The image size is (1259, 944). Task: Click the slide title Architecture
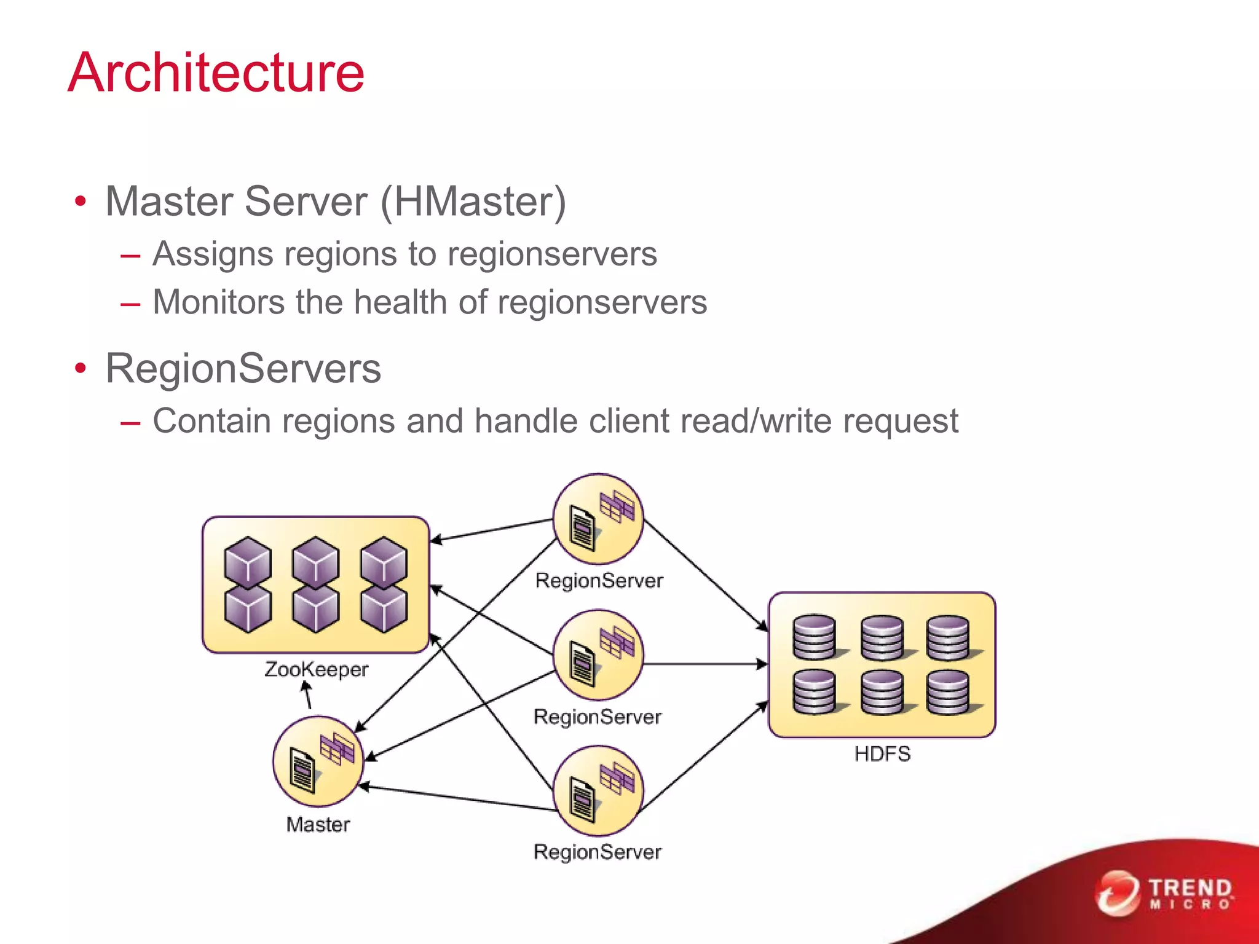(216, 73)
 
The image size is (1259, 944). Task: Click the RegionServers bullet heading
(243, 369)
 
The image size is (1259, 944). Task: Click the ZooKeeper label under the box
(316, 669)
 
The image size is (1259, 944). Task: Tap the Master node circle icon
(318, 761)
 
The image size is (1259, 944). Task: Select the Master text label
(318, 825)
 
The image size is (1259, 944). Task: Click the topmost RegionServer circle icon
(598, 519)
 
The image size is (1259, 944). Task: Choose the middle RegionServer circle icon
(598, 655)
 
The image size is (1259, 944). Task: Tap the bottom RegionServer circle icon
(598, 791)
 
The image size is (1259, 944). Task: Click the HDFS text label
(882, 754)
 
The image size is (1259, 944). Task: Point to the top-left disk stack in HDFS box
(815, 637)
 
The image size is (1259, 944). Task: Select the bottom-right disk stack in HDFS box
(949, 693)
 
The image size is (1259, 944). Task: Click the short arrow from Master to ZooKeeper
(307, 696)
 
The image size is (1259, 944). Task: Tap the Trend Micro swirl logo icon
(1116, 893)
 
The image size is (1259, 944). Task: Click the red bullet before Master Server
(80, 202)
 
